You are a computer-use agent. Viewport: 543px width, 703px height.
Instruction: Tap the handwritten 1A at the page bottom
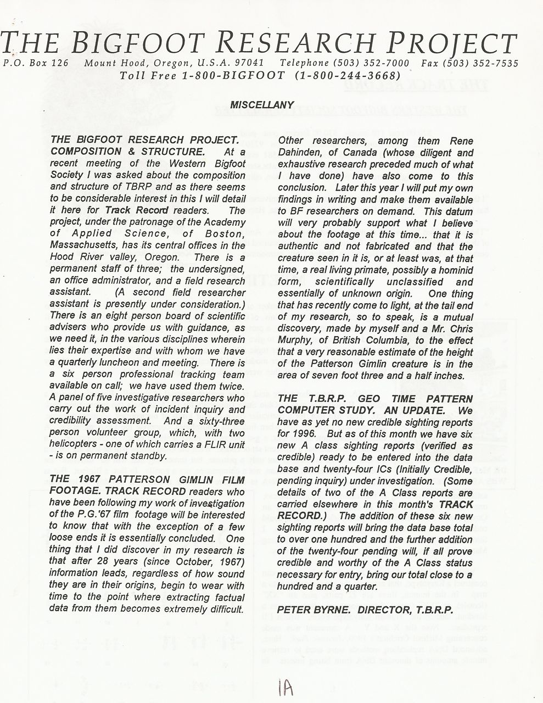click(286, 686)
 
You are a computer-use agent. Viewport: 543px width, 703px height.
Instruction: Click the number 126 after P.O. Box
click(59, 63)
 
